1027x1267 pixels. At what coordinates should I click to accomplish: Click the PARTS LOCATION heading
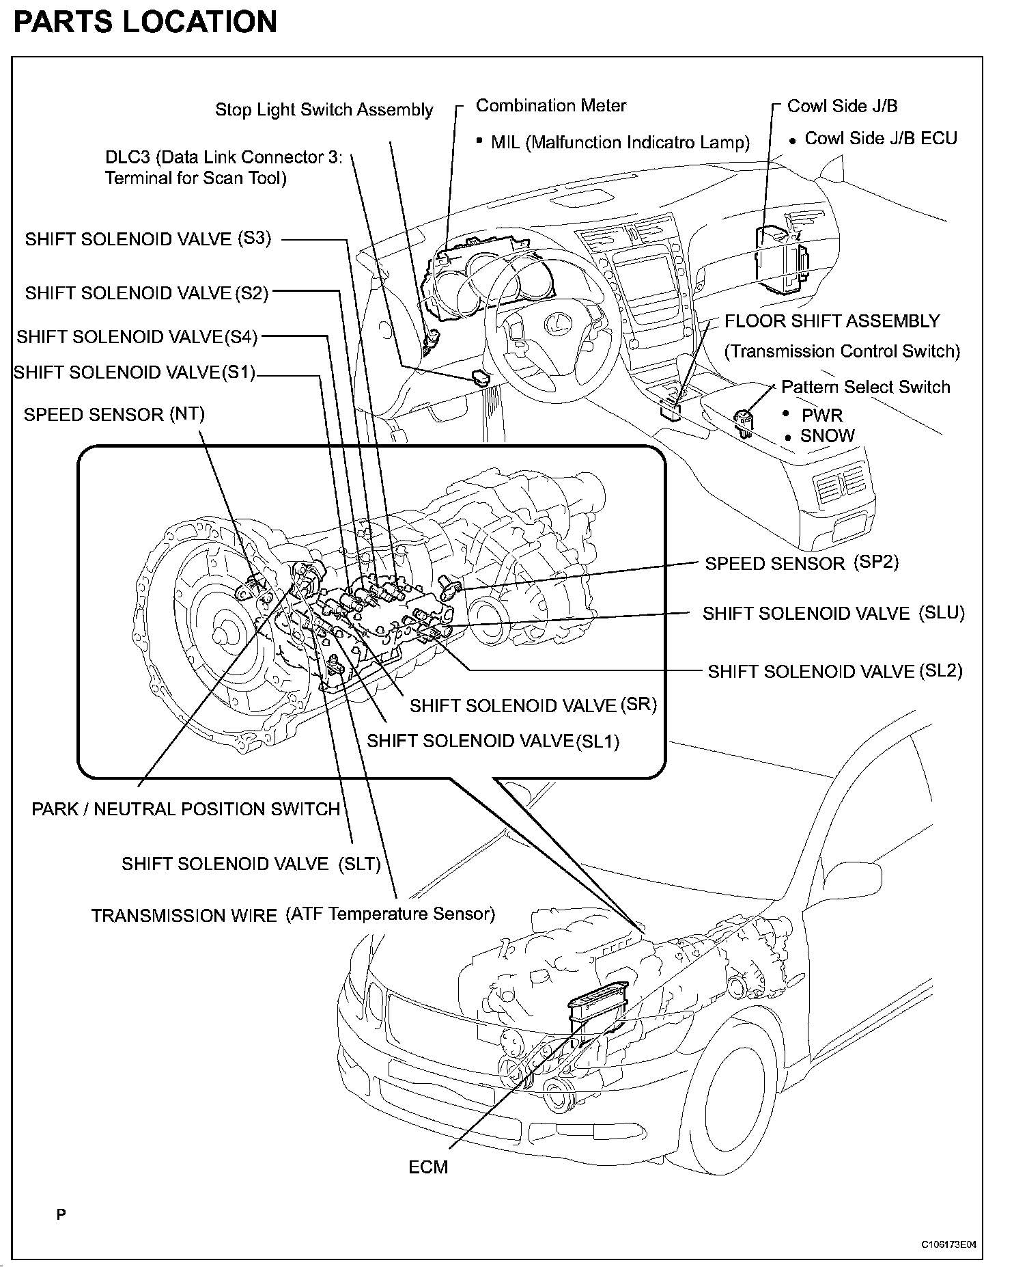click(145, 22)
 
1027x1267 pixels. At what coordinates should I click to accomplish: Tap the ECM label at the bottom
click(428, 1167)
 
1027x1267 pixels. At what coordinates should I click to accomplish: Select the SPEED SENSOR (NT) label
click(114, 414)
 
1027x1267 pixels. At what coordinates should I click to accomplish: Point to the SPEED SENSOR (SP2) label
click(802, 563)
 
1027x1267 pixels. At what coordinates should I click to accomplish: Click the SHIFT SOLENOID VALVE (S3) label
click(148, 239)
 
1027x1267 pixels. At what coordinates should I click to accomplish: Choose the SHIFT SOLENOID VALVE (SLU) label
click(833, 614)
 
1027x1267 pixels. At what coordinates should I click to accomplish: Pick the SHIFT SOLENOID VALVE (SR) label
click(533, 705)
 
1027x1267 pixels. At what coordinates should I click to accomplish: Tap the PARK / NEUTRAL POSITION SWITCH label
click(186, 809)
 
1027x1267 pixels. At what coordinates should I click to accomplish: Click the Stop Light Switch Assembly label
click(324, 109)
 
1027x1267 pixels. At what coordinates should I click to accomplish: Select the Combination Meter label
click(550, 106)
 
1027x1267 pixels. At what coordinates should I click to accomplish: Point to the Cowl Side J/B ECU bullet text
click(881, 138)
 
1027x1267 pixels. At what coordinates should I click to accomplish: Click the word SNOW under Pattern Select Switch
click(827, 436)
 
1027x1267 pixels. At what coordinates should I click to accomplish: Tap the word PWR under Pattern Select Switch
click(822, 415)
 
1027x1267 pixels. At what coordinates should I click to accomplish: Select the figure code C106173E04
click(948, 1244)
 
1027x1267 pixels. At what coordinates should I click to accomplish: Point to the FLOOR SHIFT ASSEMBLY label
click(832, 321)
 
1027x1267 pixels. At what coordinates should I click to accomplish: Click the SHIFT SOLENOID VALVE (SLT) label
click(251, 864)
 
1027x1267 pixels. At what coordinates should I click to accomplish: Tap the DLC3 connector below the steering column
click(481, 377)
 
